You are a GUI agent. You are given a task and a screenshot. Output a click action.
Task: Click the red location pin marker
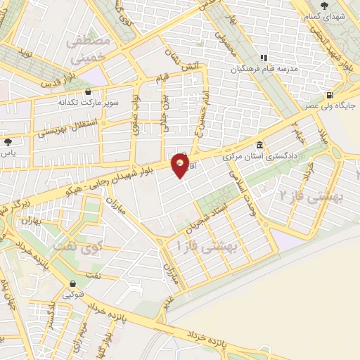(181, 165)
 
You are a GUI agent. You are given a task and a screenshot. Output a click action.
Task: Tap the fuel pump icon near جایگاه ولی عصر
(330, 95)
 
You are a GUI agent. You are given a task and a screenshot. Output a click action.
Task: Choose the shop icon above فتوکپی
(72, 284)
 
